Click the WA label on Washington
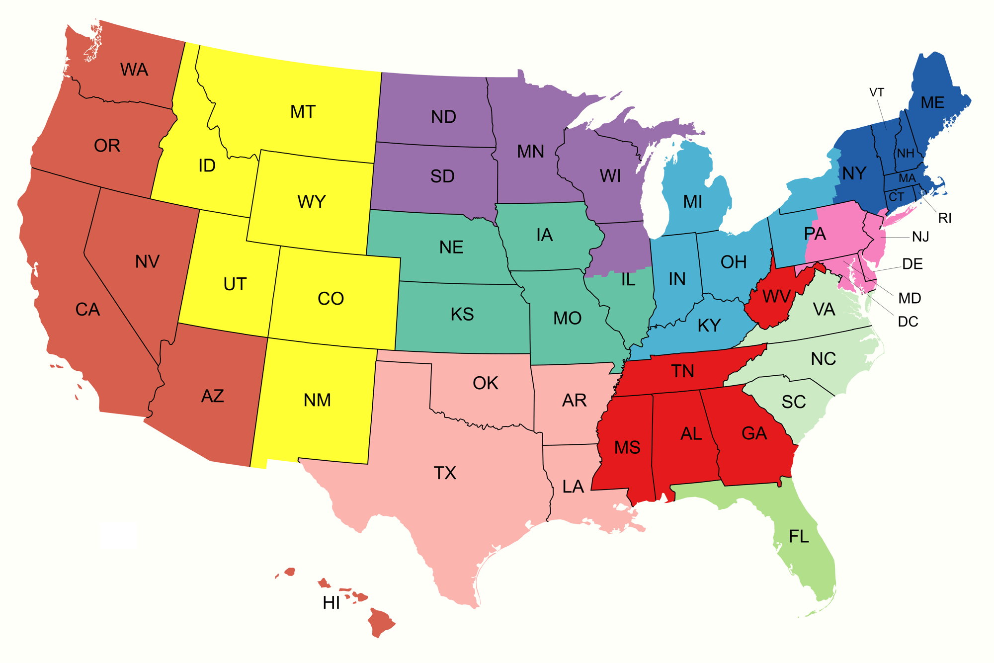coord(134,70)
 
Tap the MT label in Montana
coord(303,112)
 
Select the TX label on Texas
coord(444,473)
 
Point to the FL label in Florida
coord(799,536)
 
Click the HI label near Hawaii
coord(331,603)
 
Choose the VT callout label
coord(877,92)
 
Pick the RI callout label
coord(945,218)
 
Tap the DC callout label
coord(908,322)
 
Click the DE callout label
coord(912,264)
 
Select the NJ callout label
coord(920,237)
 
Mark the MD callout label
coord(910,298)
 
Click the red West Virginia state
coord(770,303)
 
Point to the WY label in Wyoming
coord(312,202)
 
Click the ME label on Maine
coord(932,102)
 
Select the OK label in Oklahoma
coord(485,383)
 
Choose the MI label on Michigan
coord(692,201)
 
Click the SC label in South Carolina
coord(793,402)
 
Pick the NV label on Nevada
coord(147,261)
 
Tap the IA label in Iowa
coord(544,235)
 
